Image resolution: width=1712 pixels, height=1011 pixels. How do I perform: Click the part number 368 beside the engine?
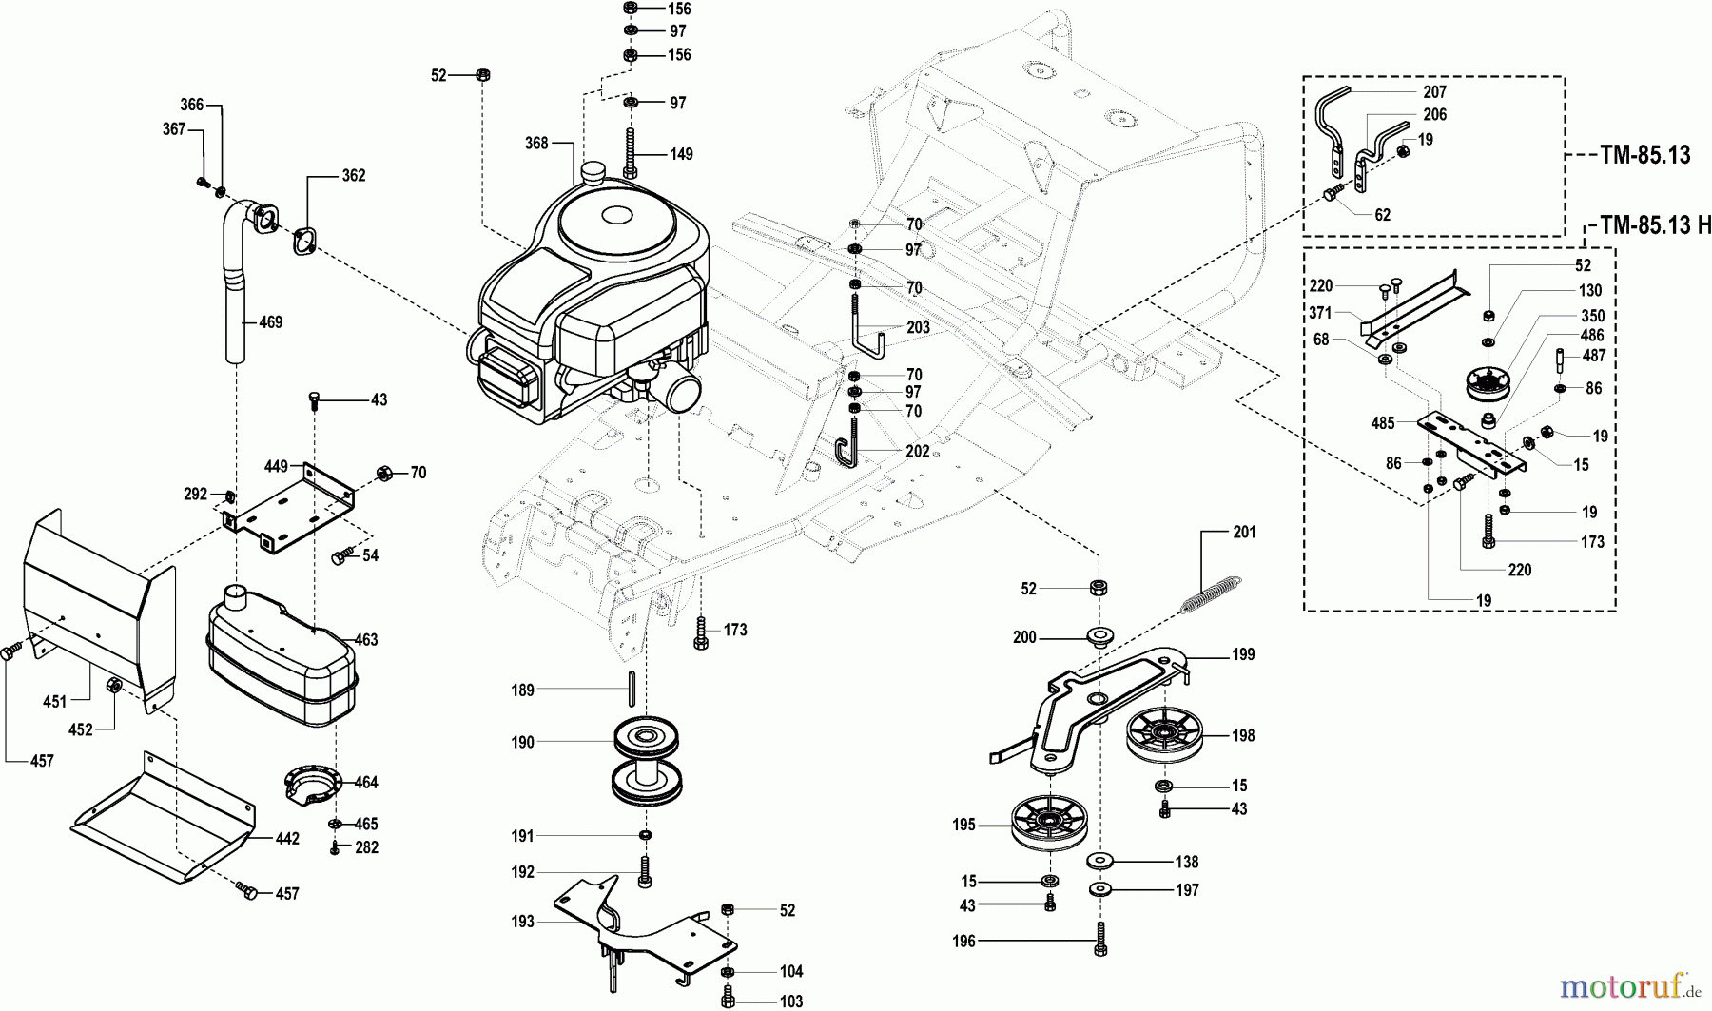[x=536, y=143]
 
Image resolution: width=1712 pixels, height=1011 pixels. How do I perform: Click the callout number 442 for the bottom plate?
[x=287, y=839]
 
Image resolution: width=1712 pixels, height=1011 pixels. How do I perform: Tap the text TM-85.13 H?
[x=1654, y=225]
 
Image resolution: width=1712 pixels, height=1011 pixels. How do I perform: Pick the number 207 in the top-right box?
[x=1434, y=92]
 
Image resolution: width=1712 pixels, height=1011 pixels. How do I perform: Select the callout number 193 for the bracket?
[x=522, y=922]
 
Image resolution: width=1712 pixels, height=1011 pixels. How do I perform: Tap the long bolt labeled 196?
[x=1100, y=940]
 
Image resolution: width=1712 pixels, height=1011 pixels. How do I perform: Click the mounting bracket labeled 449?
[x=285, y=509]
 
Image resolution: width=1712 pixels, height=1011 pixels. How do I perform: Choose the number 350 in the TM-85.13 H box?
[x=1592, y=316]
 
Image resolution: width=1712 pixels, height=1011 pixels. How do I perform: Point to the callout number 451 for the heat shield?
[x=55, y=702]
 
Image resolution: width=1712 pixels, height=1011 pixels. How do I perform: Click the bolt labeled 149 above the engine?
[x=630, y=152]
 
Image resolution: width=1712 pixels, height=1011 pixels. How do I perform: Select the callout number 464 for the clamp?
[x=366, y=783]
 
